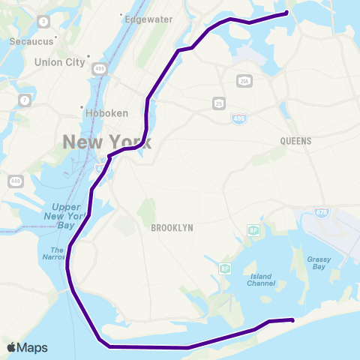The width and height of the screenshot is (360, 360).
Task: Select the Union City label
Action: tap(59, 62)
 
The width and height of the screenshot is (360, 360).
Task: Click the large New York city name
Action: tap(106, 142)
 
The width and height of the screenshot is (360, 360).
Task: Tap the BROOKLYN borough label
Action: tap(172, 227)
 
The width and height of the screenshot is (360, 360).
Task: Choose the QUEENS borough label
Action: tap(295, 140)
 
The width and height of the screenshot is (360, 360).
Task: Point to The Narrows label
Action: tap(58, 253)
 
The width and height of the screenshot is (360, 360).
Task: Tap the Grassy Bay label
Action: tap(319, 263)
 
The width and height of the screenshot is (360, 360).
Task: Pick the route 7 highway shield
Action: tap(25, 100)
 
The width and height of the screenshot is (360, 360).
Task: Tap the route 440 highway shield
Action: tap(15, 181)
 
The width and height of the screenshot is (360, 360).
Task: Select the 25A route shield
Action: tap(243, 81)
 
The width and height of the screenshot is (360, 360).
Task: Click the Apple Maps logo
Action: tap(26, 348)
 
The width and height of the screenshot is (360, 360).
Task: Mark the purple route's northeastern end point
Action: tap(286, 12)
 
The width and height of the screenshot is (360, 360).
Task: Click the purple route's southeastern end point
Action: tap(292, 320)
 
